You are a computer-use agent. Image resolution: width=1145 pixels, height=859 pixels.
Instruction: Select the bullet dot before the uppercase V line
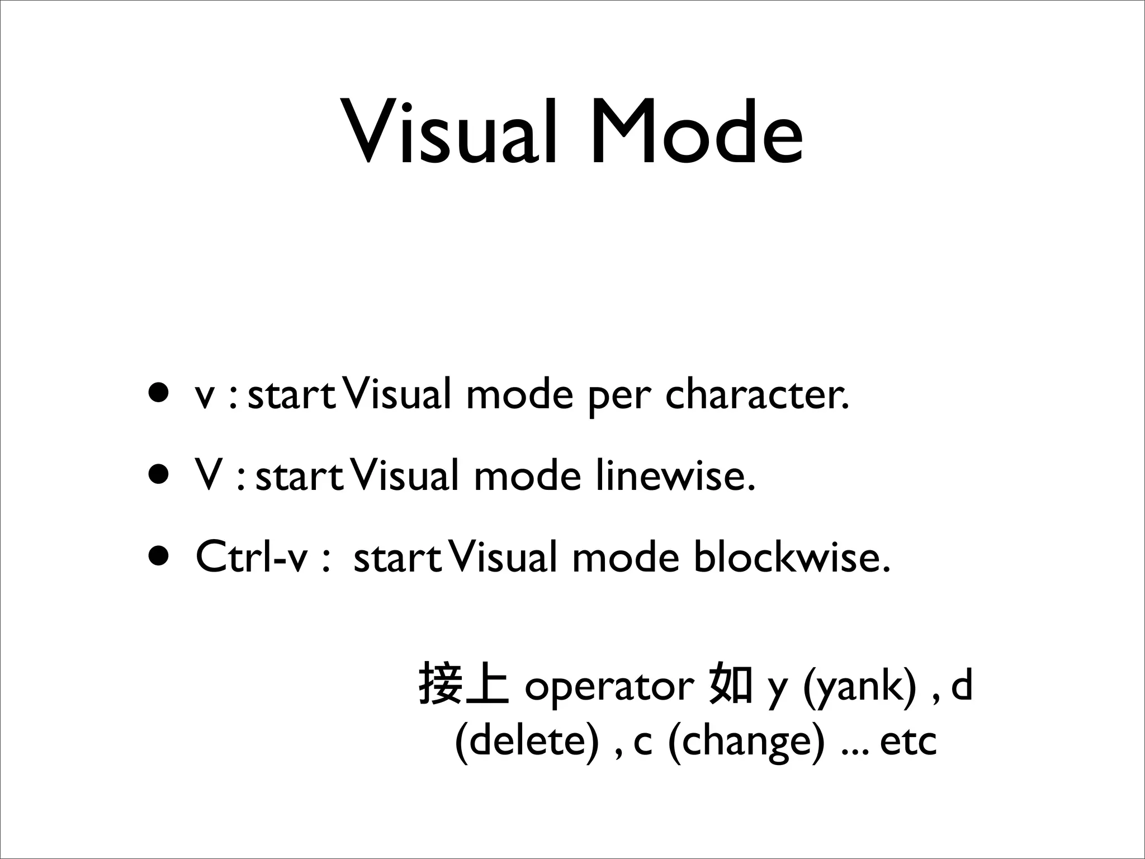click(x=158, y=475)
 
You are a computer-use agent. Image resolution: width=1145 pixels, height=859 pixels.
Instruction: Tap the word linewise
click(x=675, y=476)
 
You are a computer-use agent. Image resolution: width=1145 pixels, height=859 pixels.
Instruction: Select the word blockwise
click(x=791, y=558)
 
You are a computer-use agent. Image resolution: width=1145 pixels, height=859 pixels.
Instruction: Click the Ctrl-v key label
click(x=252, y=558)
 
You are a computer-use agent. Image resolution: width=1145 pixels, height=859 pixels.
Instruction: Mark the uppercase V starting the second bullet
click(x=208, y=475)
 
